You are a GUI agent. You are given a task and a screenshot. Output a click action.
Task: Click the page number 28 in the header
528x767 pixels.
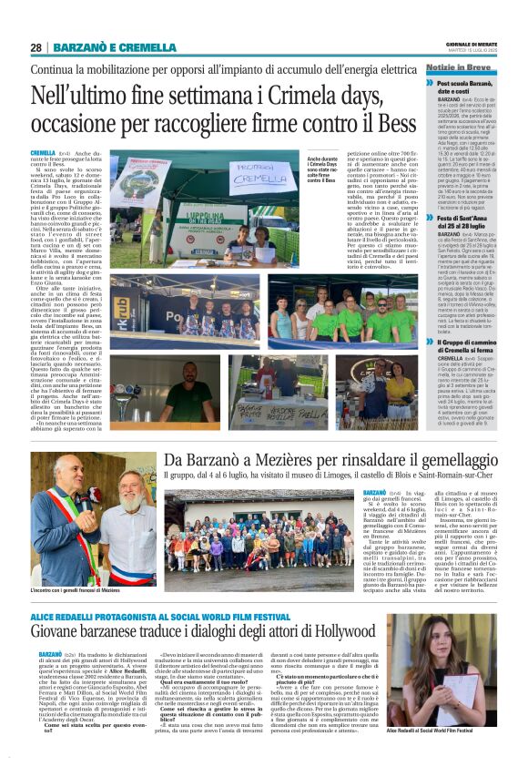click(x=36, y=47)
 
